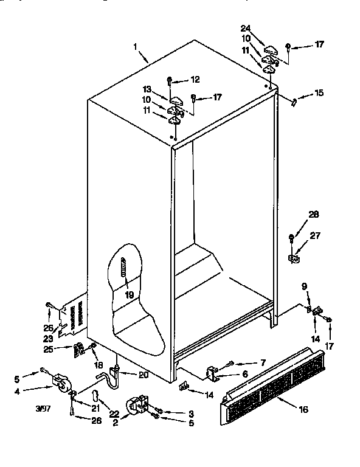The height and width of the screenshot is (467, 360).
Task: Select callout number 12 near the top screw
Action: click(195, 80)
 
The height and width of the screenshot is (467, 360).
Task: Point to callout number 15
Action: click(319, 93)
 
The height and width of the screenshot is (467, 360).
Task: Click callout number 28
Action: click(314, 214)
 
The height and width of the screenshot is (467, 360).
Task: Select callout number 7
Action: click(262, 362)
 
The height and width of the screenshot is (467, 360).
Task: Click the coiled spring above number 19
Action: click(123, 268)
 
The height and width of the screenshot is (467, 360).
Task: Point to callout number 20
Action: click(144, 375)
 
